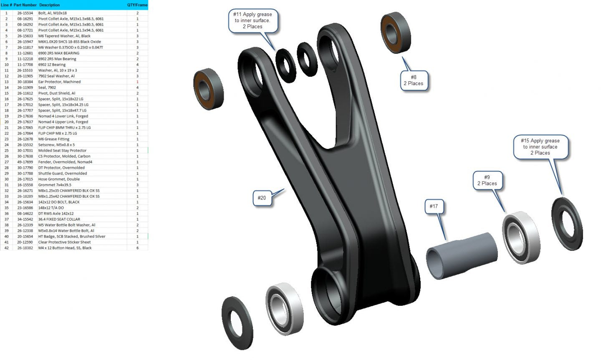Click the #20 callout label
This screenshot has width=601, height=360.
262,198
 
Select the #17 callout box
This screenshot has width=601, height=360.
434,206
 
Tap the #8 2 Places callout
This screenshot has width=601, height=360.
414,80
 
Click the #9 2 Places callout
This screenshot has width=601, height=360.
487,180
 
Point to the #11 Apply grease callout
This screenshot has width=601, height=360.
253,20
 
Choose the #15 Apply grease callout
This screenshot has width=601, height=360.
540,147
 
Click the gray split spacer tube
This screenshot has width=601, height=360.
462,256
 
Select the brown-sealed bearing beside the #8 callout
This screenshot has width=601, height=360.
396,33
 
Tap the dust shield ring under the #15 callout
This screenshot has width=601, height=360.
567,224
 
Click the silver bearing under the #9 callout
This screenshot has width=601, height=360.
521,237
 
